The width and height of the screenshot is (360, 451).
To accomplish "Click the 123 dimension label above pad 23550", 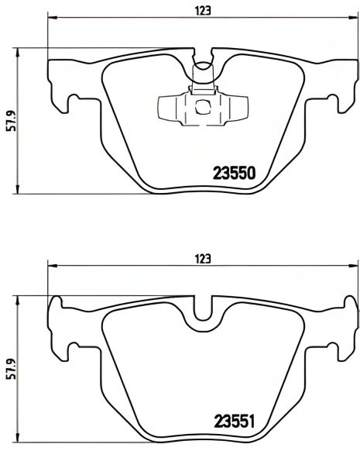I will pyautogui.click(x=203, y=10).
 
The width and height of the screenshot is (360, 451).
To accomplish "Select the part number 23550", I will pyautogui.click(x=234, y=174).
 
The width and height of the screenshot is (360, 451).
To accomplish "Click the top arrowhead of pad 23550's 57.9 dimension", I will pyautogui.click(x=19, y=51).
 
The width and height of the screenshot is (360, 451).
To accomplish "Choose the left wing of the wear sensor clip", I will pyautogui.click(x=167, y=107).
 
